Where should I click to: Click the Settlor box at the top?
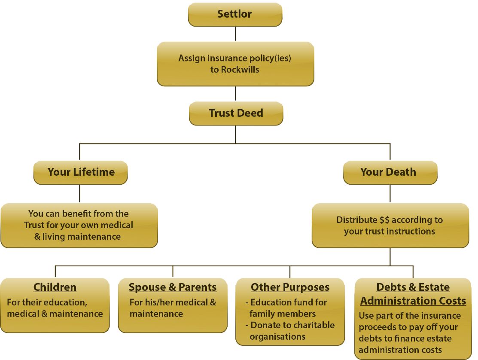pos(235,14)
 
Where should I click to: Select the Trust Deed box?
pos(236,113)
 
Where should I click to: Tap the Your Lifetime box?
pos(81,172)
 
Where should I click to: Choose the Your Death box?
pos(390,172)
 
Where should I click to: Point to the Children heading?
pos(55,287)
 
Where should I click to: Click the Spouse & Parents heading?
pos(173,287)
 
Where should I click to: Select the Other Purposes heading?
pos(290,287)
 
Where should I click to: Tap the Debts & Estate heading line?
pos(413,287)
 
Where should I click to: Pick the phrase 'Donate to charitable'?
pos(292,325)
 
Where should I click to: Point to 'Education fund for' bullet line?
pos(289,302)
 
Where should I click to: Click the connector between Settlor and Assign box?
pos(235,34)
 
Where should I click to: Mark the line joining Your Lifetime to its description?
pos(79,194)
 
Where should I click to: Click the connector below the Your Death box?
pos(390,194)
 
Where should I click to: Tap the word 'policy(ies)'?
pos(269,58)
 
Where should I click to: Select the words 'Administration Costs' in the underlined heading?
pos(413,301)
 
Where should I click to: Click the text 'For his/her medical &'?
pos(173,302)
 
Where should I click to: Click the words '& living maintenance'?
pos(77,237)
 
